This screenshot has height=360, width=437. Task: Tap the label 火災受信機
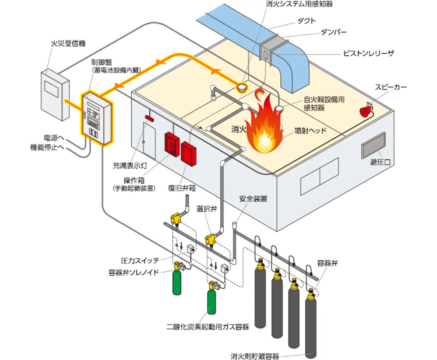pyautogui.click(x=68, y=43)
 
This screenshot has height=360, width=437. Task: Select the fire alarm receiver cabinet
pyautogui.click(x=55, y=95)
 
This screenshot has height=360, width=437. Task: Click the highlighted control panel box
pyautogui.click(x=97, y=119)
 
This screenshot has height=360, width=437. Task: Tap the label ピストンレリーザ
pyautogui.click(x=368, y=53)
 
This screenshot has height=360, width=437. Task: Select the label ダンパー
pyautogui.click(x=333, y=32)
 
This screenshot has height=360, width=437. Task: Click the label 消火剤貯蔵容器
pyautogui.click(x=255, y=356)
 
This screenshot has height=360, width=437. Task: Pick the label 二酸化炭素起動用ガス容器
pyautogui.click(x=208, y=327)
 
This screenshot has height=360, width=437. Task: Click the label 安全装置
pyautogui.click(x=253, y=199)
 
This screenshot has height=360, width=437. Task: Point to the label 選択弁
pyautogui.click(x=207, y=209)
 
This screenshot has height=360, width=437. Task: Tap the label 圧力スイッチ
pyautogui.click(x=140, y=261)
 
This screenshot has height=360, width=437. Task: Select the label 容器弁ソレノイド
pyautogui.click(x=134, y=272)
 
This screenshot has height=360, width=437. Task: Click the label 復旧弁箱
pyautogui.click(x=182, y=188)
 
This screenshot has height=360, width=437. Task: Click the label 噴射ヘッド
pyautogui.click(x=310, y=131)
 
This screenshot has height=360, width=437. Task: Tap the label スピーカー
pyautogui.click(x=391, y=87)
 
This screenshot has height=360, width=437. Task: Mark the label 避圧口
pyautogui.click(x=380, y=162)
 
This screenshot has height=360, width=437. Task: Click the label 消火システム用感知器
pyautogui.click(x=299, y=4)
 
